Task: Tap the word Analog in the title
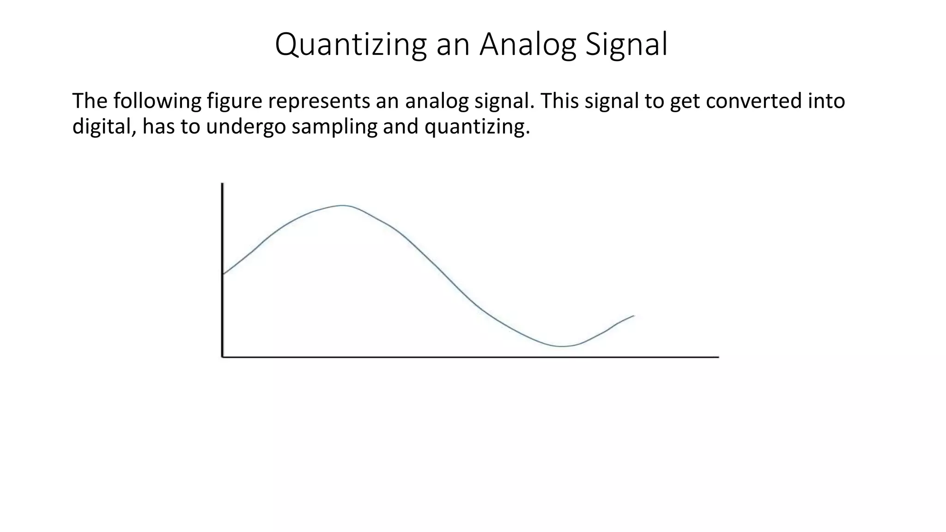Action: (x=528, y=45)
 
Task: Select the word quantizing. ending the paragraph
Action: (x=477, y=127)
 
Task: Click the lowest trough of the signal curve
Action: (x=562, y=346)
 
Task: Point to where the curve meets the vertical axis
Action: (x=224, y=274)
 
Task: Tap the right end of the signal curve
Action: (x=634, y=316)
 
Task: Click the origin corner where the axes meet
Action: (x=223, y=357)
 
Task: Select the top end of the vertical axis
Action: (x=223, y=184)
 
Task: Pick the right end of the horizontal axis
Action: (x=718, y=357)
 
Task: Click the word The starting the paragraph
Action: (x=90, y=101)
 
